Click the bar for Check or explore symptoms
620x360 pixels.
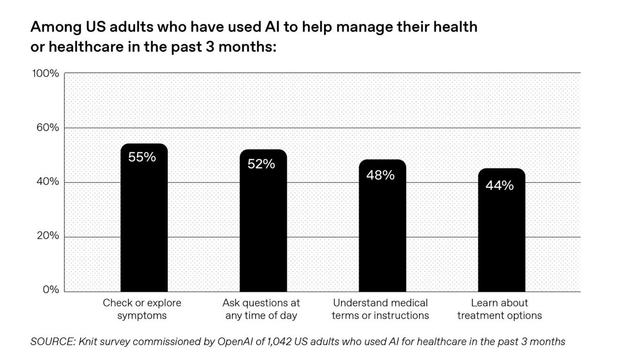[144, 222]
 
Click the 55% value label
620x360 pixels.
[142, 157]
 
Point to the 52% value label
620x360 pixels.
[261, 164]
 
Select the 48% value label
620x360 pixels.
[381, 175]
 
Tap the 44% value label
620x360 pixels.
[500, 185]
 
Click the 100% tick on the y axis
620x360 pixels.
[47, 73]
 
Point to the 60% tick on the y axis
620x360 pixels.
[49, 128]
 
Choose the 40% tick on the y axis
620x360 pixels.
[49, 182]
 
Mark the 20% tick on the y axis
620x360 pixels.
[49, 237]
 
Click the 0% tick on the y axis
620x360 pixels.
[51, 291]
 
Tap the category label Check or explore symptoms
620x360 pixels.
[142, 309]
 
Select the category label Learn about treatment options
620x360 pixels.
[500, 309]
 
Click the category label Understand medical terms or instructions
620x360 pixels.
[381, 309]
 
